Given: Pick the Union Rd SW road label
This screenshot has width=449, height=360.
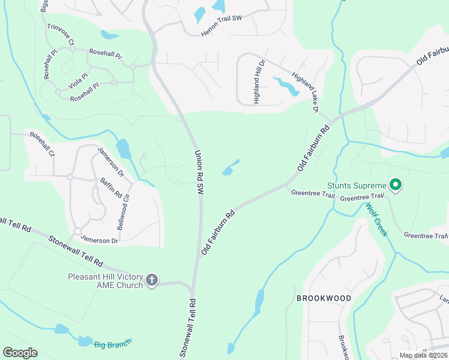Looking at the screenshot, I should (x=199, y=171).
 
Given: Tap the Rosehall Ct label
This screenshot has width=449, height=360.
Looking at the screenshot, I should (x=42, y=145).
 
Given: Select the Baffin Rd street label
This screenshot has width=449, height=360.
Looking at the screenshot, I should (x=111, y=189).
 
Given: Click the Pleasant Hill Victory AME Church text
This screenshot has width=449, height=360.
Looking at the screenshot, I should (x=105, y=281).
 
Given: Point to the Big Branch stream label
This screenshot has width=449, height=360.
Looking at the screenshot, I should (x=112, y=344).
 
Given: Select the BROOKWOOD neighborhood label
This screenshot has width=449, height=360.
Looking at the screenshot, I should (x=324, y=298).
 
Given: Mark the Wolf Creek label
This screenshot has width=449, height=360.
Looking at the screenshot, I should (x=376, y=219).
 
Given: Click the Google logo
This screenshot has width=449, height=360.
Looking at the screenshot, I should (x=20, y=353).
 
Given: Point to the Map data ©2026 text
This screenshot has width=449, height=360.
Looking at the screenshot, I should (x=423, y=355).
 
